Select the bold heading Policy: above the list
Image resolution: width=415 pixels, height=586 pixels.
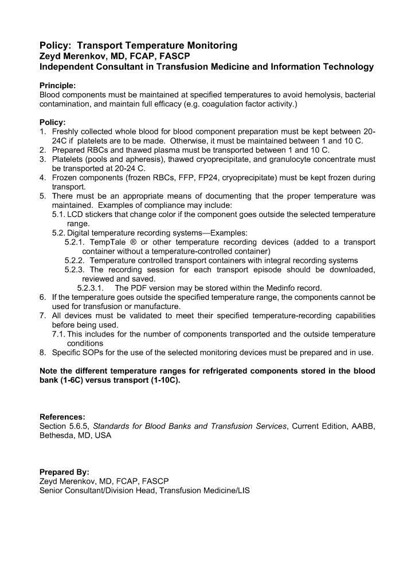(x=52, y=122)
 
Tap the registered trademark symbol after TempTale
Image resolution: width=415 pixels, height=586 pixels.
(x=133, y=241)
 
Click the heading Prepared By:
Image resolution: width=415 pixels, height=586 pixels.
(x=64, y=472)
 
